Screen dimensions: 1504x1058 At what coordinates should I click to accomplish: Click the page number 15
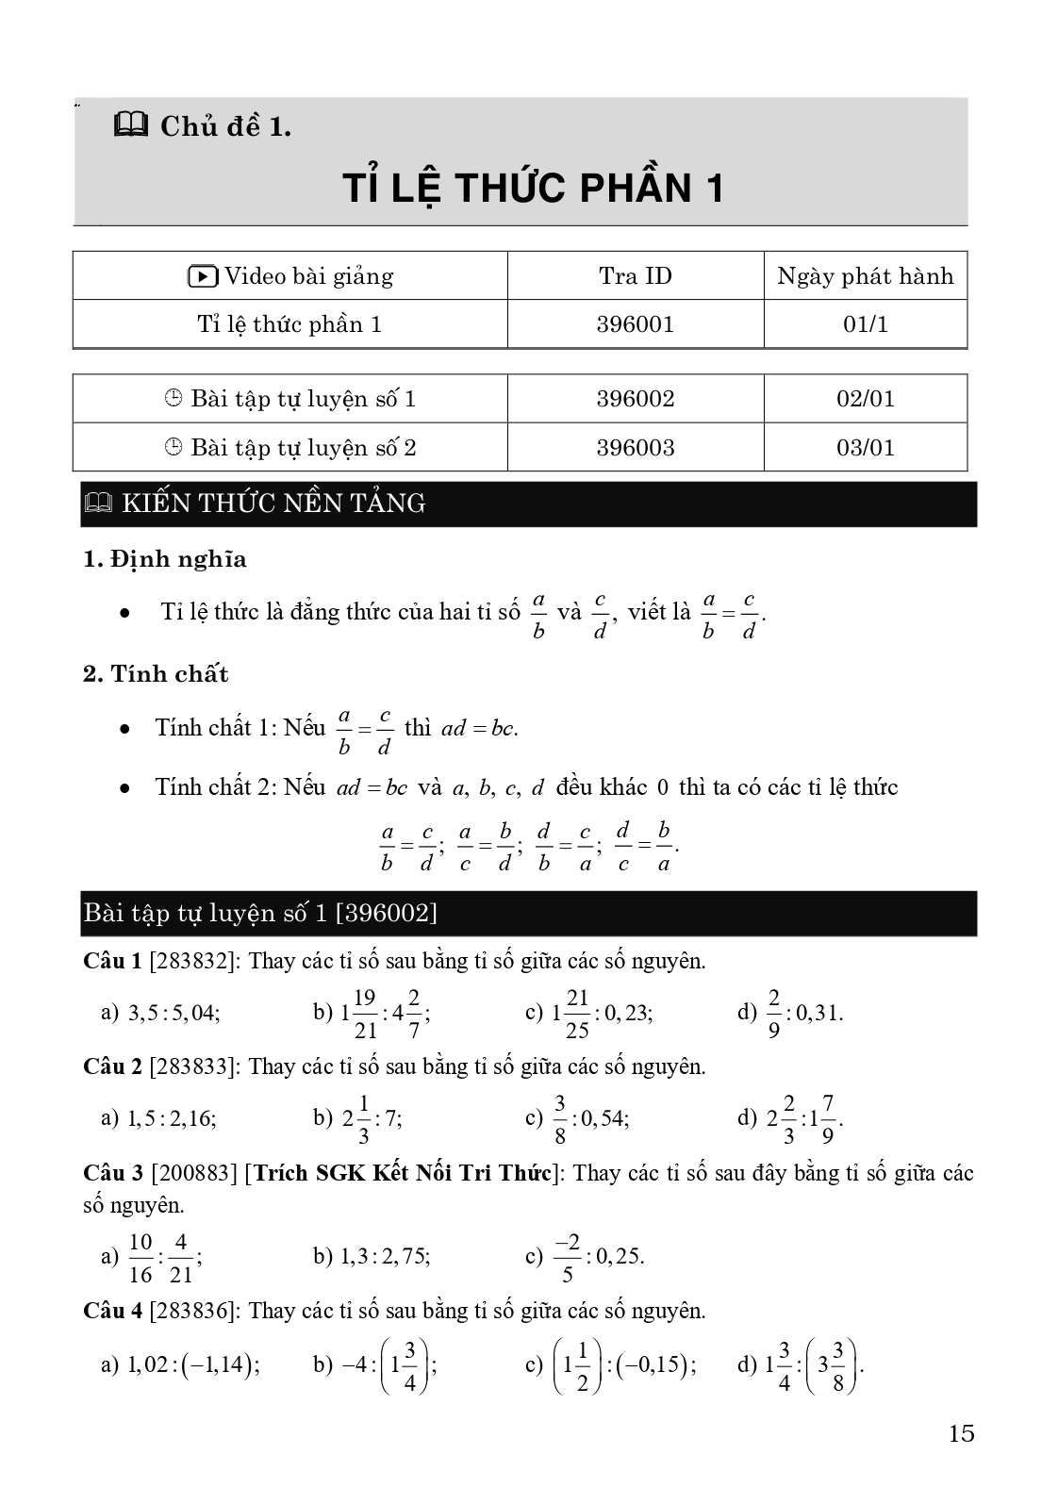click(x=961, y=1434)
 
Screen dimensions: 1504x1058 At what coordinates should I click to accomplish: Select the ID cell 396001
click(x=635, y=324)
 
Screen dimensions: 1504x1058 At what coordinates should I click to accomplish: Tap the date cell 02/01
click(x=865, y=399)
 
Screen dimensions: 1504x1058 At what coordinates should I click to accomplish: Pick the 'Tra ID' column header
click(x=635, y=276)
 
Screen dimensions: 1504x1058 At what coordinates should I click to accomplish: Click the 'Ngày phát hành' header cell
click(x=865, y=276)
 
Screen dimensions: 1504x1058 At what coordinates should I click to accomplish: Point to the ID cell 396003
click(x=635, y=448)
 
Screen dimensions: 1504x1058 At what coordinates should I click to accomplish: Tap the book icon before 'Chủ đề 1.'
click(x=131, y=124)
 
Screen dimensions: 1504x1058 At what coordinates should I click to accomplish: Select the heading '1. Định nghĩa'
click(x=165, y=559)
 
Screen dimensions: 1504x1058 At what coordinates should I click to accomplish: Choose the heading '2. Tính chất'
click(x=156, y=674)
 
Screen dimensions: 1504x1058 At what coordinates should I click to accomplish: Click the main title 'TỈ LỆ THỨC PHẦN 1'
click(x=533, y=188)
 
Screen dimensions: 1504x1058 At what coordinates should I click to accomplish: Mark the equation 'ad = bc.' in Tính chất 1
click(x=480, y=729)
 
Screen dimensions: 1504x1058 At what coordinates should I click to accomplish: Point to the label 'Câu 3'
click(x=112, y=1173)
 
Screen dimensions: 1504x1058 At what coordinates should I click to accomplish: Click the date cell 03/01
click(x=865, y=448)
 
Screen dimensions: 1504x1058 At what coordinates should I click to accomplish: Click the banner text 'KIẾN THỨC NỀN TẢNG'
click(x=273, y=504)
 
